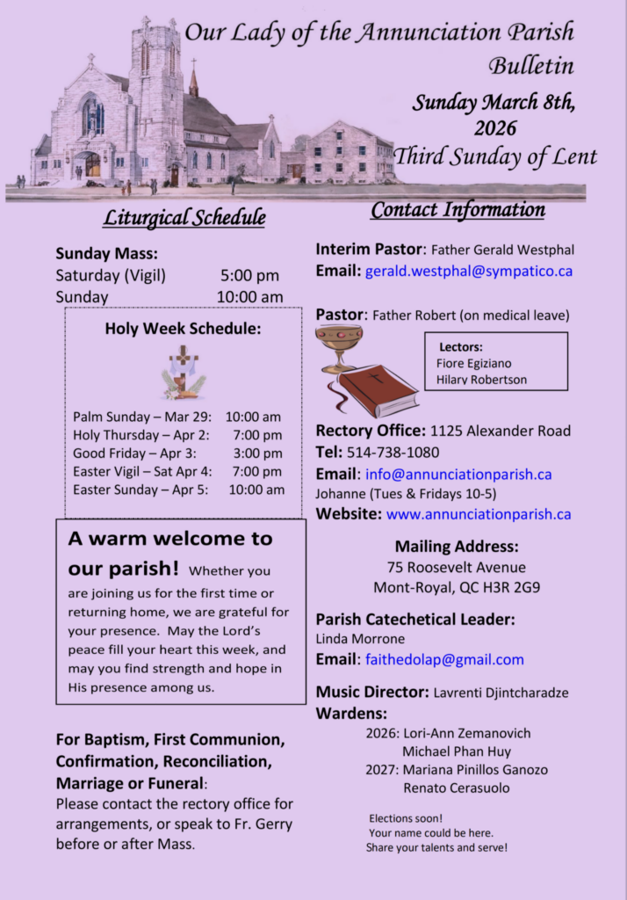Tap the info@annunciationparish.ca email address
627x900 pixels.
pos(458,475)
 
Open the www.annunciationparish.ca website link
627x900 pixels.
pos(479,514)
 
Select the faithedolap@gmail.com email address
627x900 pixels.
pos(444,659)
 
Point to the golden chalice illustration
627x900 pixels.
pos(338,346)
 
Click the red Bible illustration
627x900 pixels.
pos(377,390)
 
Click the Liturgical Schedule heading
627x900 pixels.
pos(184,216)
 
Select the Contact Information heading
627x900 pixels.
pos(458,210)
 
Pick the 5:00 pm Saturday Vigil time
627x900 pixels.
pos(249,275)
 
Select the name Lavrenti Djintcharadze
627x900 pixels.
pos(501,693)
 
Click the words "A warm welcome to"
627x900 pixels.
pos(170,539)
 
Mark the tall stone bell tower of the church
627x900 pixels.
pos(155,97)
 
